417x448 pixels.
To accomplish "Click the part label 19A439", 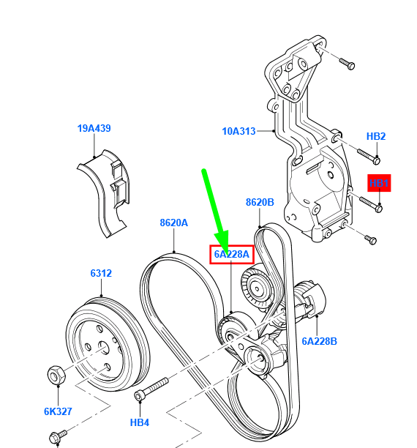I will [x=94, y=128].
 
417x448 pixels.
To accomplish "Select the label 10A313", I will [x=238, y=132].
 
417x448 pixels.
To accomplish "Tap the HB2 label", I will [x=376, y=136].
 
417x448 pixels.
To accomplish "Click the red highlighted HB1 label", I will [x=379, y=183].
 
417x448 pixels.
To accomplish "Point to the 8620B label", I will [x=260, y=202].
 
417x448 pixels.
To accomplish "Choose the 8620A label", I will [x=174, y=223].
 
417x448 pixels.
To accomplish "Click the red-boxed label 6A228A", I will [x=232, y=255].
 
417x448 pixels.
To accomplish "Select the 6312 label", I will [x=101, y=273].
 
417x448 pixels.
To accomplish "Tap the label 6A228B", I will [x=319, y=340].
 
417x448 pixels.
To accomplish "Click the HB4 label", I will [x=140, y=422].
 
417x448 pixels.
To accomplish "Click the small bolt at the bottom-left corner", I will [x=56, y=438].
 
